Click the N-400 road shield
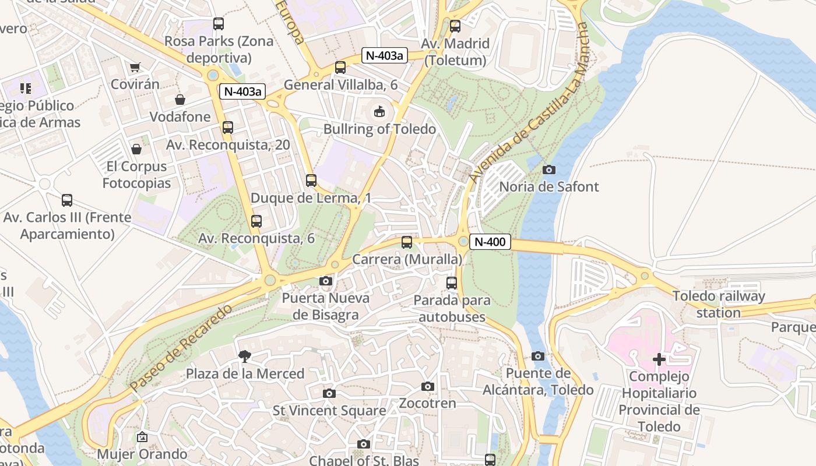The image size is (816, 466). click(490, 242)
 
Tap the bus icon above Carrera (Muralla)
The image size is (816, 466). click(407, 242)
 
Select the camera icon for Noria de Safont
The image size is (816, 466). click(548, 170)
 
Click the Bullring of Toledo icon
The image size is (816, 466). click(379, 111)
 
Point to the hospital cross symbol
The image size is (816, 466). click(659, 359)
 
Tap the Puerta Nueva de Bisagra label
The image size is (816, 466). click(325, 306)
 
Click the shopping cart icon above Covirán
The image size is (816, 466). click(135, 68)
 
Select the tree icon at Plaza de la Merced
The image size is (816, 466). click(245, 356)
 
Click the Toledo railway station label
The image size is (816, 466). click(719, 304)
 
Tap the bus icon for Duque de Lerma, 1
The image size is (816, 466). click(311, 181)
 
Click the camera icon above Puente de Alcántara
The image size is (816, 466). click(538, 356)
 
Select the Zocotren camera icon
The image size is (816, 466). click(427, 387)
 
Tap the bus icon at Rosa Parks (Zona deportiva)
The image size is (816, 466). click(219, 24)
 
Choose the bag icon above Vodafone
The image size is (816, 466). click(180, 100)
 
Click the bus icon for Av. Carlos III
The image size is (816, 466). click(67, 200)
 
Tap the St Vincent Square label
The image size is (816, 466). click(329, 411)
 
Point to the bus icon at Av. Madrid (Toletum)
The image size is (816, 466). click(455, 26)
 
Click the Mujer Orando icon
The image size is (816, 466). click(142, 437)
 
